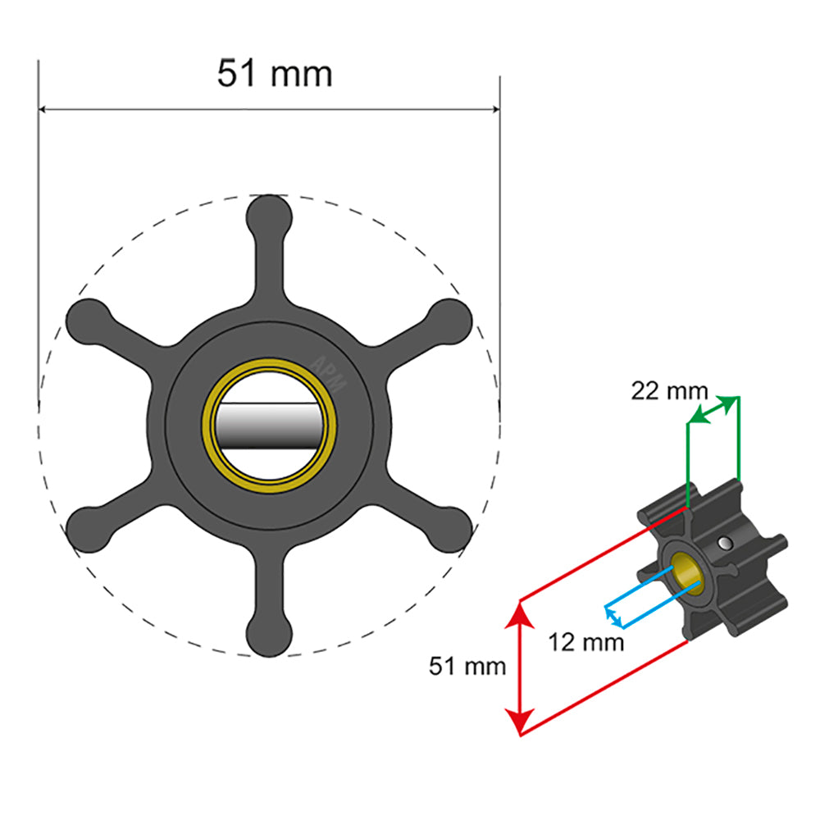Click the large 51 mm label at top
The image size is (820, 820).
click(275, 74)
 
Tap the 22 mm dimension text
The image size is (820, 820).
click(668, 391)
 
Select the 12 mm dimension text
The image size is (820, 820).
click(586, 641)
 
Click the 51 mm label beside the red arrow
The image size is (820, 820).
click(467, 666)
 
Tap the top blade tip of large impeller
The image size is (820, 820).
click(270, 216)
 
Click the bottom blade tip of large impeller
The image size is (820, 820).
click(270, 635)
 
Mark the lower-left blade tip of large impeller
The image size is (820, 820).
click(89, 530)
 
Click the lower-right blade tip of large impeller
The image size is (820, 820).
click(450, 530)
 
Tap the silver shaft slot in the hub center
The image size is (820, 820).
click(270, 426)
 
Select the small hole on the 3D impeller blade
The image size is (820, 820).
click(724, 542)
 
